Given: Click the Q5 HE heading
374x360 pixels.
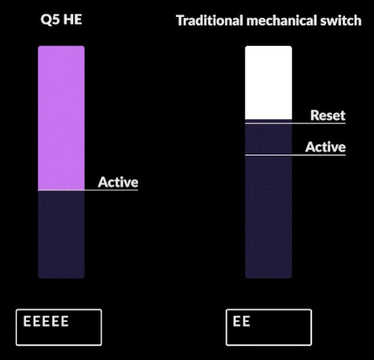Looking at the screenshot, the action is click(61, 20).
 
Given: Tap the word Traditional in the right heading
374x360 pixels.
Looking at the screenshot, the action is click(209, 20).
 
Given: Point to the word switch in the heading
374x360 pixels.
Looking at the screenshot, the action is click(341, 20).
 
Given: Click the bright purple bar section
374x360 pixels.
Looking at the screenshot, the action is click(61, 118).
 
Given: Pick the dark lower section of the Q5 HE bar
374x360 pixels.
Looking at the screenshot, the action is click(61, 234).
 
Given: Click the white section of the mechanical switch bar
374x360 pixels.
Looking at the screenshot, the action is click(269, 82).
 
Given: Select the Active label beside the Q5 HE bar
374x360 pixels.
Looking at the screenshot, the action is click(118, 182).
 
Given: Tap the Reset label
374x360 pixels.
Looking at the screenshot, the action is click(328, 115).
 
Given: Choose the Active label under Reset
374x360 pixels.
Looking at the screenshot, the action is click(326, 147).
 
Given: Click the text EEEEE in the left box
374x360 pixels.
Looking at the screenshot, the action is click(46, 321).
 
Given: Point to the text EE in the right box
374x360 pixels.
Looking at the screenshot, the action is click(241, 321).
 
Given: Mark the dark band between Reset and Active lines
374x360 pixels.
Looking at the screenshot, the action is click(269, 139).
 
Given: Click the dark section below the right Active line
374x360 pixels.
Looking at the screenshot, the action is click(269, 217).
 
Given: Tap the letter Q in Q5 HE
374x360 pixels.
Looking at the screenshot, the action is click(45, 20).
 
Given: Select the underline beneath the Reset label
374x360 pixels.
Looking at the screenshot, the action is click(296, 123).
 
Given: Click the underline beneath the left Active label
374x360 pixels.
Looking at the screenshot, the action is click(88, 190).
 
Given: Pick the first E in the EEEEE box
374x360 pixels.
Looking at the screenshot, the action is click(27, 321).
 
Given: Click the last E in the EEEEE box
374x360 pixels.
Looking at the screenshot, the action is click(65, 321).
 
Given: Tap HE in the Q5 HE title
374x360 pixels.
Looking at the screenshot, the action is click(73, 20).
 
